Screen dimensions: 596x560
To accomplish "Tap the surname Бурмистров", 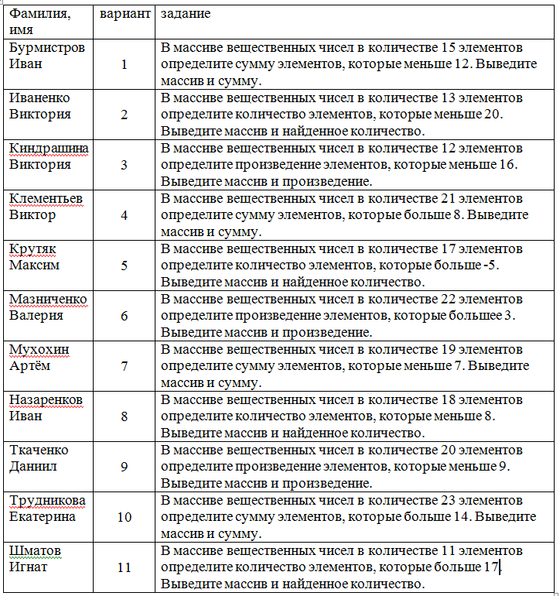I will tap(46, 47).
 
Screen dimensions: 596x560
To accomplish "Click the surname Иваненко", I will tap(39, 98).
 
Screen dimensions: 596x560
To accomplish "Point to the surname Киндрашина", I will tap(48, 148).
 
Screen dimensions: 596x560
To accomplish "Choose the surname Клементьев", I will tap(46, 198).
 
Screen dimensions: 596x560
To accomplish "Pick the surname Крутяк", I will tap(32, 248).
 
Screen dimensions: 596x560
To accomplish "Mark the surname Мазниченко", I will tap(48, 299).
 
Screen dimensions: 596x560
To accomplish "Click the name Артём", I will tap(29, 366).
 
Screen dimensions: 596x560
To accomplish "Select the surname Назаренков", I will tap(46, 399).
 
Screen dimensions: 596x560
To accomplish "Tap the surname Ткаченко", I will tap(39, 450).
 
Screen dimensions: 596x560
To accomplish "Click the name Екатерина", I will tap(42, 517).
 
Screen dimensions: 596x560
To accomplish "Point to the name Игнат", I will tap(29, 567).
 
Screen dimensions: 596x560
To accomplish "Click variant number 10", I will tap(125, 517).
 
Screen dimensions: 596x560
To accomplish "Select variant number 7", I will tap(125, 366).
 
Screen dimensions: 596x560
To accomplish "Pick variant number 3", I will tap(125, 165).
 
